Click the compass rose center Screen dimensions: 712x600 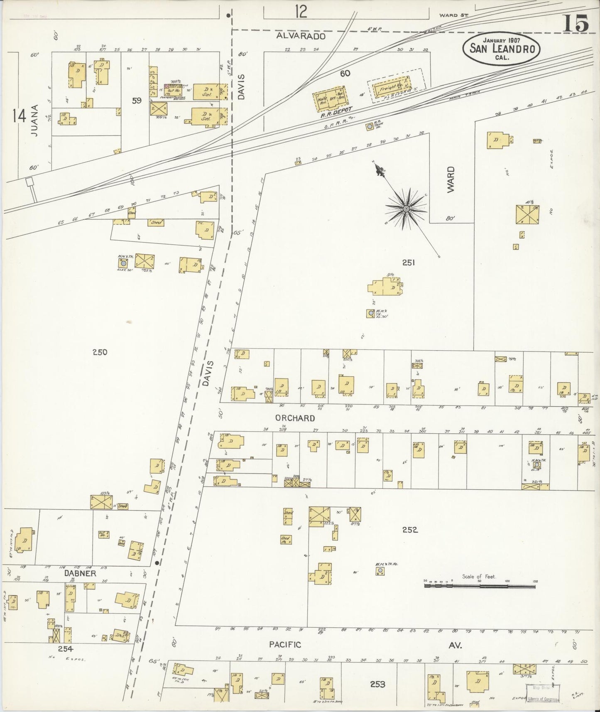406,208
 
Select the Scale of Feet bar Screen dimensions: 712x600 480,586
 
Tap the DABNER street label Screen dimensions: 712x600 80,573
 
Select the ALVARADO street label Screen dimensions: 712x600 301,36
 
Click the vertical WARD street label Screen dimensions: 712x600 451,179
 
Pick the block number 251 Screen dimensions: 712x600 409,262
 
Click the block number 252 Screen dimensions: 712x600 409,530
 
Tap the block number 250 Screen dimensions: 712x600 100,352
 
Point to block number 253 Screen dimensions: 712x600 379,684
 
